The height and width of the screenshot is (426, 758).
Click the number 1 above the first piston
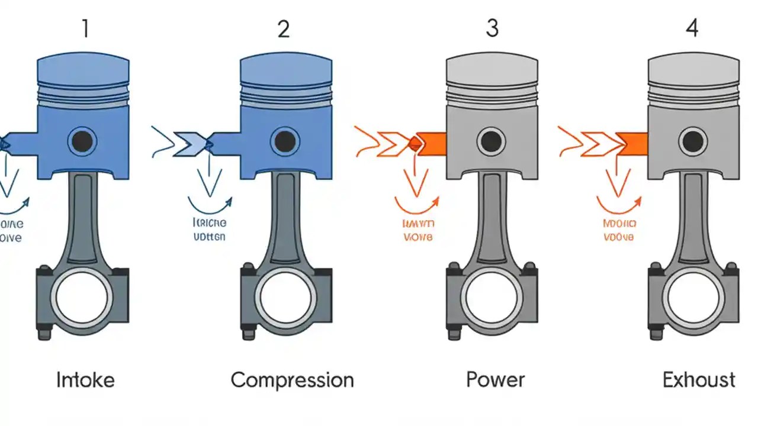click(85, 28)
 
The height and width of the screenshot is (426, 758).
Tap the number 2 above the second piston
click(284, 28)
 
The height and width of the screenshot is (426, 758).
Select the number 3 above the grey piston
click(492, 28)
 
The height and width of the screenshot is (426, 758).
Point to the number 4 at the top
click(692, 28)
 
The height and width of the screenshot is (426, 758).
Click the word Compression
click(292, 379)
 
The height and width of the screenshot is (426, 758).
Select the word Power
click(495, 379)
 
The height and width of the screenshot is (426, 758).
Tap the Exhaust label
click(699, 379)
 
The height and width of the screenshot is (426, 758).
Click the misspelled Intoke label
click(85, 379)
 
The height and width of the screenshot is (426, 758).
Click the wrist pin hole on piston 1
click(82, 141)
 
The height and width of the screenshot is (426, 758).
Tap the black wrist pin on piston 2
click(285, 141)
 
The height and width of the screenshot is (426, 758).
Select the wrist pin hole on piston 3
click(491, 141)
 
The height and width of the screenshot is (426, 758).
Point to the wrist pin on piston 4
click(692, 141)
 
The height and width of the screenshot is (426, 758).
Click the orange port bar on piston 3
click(431, 143)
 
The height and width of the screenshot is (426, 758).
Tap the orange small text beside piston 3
click(418, 230)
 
